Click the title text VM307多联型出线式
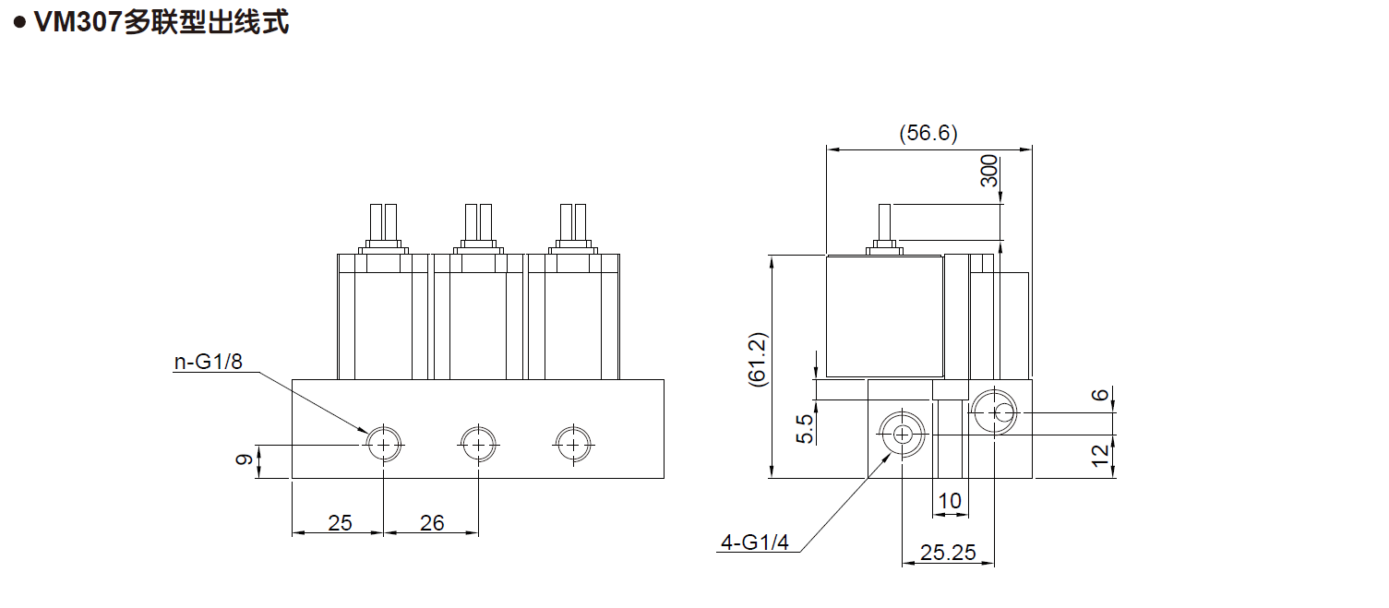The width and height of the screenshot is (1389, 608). (x=161, y=22)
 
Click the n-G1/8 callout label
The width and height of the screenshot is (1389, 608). (x=209, y=361)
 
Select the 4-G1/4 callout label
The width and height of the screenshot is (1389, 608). (x=755, y=542)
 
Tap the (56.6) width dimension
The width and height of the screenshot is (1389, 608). (x=928, y=134)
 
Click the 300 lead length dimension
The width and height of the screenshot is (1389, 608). (x=989, y=172)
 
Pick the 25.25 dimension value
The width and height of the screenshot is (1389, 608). (x=948, y=553)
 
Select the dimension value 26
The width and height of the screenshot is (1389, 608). (x=432, y=523)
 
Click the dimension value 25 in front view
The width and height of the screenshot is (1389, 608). (x=340, y=523)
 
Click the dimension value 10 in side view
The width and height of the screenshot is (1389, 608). (x=949, y=502)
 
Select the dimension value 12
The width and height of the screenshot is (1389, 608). (x=1099, y=456)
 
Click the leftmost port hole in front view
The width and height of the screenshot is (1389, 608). (x=383, y=445)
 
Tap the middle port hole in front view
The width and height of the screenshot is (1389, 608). (x=478, y=445)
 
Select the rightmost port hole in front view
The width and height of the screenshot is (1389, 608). (x=573, y=445)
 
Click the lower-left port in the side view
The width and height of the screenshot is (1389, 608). (x=902, y=434)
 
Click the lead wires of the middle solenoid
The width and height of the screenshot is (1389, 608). (x=478, y=221)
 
